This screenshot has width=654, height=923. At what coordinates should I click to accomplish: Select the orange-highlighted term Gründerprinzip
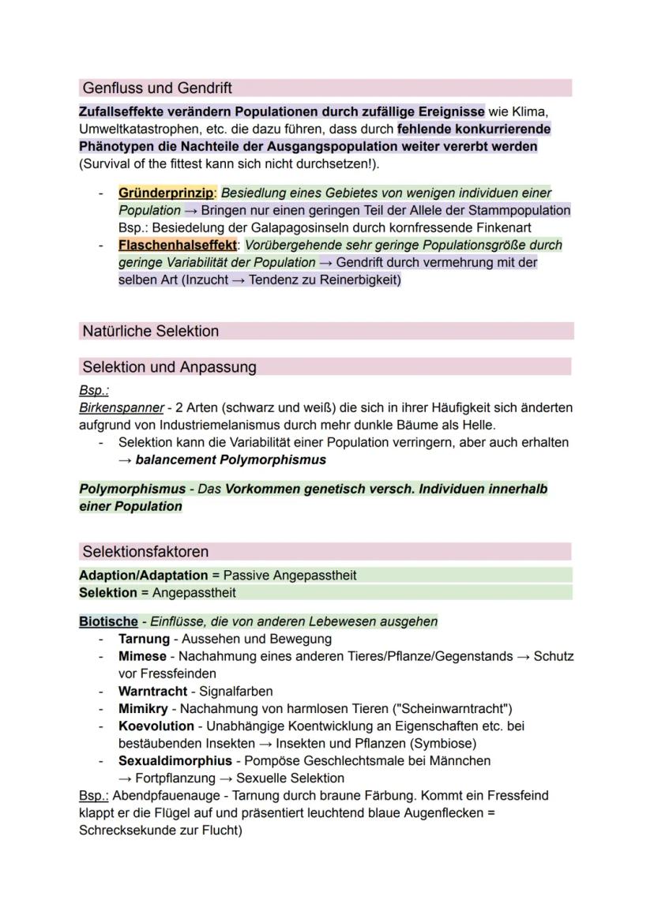pyautogui.click(x=166, y=193)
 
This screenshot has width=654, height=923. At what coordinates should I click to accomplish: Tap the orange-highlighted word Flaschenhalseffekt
pyautogui.click(x=177, y=245)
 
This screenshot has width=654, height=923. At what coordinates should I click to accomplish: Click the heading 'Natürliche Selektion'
pyautogui.click(x=151, y=331)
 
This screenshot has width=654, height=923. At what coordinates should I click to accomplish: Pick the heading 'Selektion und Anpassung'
pyautogui.click(x=169, y=366)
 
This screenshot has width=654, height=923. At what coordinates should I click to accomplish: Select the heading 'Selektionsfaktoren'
pyautogui.click(x=145, y=551)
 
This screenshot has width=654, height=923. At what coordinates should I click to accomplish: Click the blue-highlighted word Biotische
pyautogui.click(x=108, y=621)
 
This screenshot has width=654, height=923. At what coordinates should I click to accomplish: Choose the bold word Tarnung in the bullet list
pyautogui.click(x=144, y=639)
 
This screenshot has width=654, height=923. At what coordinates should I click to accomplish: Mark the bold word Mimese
pyautogui.click(x=142, y=656)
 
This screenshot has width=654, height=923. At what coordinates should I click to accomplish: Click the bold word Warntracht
pyautogui.click(x=152, y=691)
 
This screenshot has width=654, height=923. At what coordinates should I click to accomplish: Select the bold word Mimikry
pyautogui.click(x=143, y=708)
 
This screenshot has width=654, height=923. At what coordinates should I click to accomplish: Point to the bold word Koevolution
pyautogui.click(x=156, y=726)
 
